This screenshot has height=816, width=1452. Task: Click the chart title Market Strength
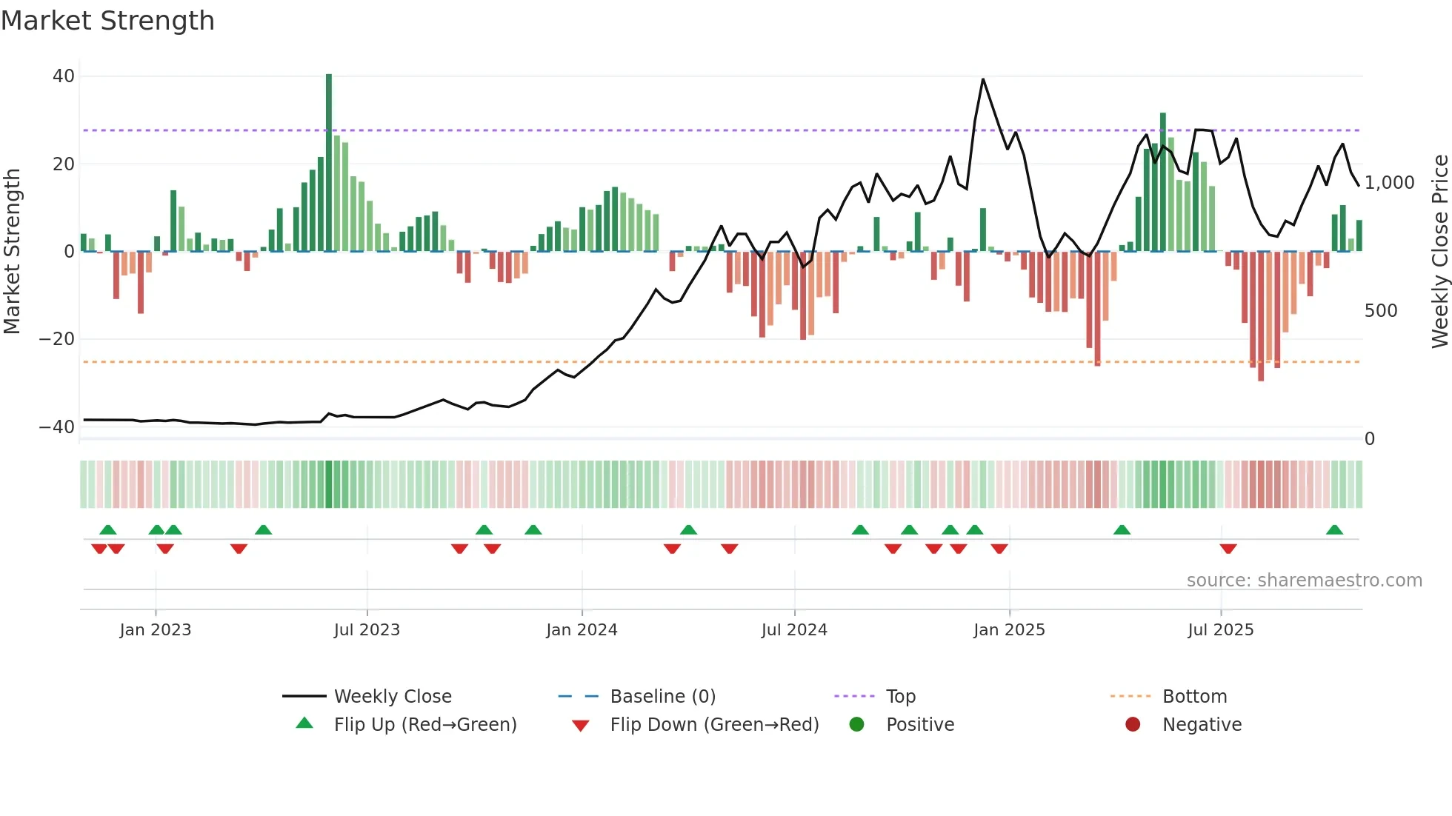click(x=107, y=21)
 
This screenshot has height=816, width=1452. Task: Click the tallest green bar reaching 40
click(x=329, y=163)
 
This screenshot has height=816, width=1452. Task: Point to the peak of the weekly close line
click(x=983, y=79)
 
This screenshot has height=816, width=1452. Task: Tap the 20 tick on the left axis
click(x=64, y=164)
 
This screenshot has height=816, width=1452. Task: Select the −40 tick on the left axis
click(x=57, y=427)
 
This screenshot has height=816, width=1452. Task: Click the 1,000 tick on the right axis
click(x=1389, y=183)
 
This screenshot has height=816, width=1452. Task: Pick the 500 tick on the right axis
click(x=1380, y=311)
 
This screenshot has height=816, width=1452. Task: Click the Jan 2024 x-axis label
click(x=582, y=630)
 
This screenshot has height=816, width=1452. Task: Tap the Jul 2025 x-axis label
click(x=1220, y=630)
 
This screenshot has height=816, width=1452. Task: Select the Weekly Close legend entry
click(x=392, y=697)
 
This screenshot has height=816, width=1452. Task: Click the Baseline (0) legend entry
click(x=662, y=697)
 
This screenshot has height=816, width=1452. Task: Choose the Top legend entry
click(x=900, y=697)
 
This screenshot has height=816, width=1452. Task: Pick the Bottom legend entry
click(x=1194, y=697)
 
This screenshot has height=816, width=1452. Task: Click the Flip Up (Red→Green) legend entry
click(x=424, y=725)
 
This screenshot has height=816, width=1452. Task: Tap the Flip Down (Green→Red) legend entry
click(x=714, y=725)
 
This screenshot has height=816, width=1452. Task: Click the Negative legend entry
click(x=1201, y=725)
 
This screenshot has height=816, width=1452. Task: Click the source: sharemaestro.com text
click(x=1304, y=581)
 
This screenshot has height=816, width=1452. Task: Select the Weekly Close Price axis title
click(x=1439, y=252)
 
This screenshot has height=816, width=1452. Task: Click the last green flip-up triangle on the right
click(x=1334, y=530)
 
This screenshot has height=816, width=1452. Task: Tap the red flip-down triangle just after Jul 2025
click(x=1228, y=549)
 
